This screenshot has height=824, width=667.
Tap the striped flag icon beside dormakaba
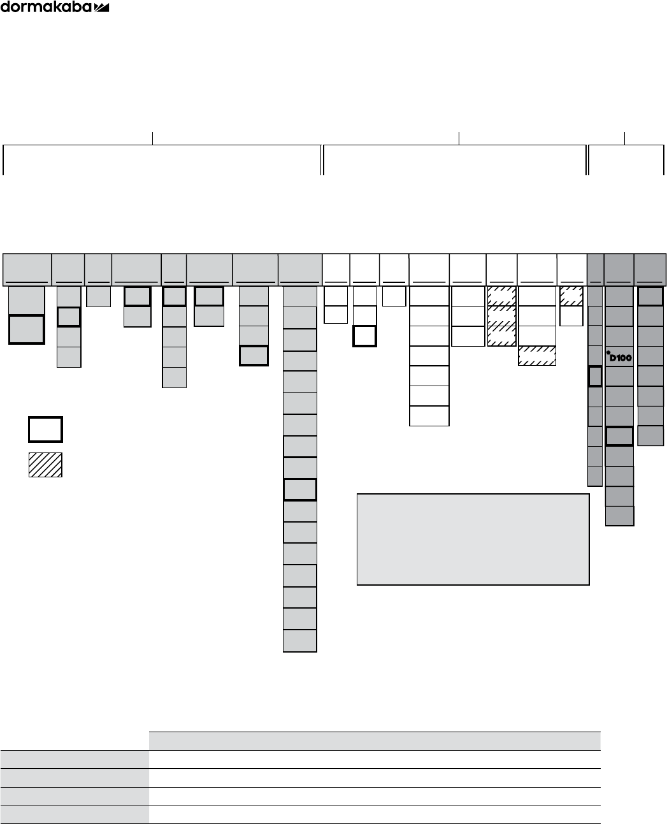coord(102,7)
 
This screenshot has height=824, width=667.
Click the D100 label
coord(619,358)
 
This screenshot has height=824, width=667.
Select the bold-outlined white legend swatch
coord(45,430)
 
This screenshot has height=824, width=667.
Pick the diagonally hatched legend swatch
coord(45,465)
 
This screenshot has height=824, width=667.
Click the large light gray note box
coord(473,539)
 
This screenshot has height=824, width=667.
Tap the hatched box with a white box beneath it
coord(571,296)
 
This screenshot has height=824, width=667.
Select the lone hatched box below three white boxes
coord(537,356)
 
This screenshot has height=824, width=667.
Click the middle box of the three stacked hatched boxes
coord(501,316)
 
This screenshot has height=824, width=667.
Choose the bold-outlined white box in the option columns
coord(364,336)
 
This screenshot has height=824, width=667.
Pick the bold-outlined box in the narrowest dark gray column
coord(595,377)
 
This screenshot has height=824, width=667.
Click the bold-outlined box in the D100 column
coord(619,436)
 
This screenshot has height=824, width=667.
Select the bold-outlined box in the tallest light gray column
coord(299,489)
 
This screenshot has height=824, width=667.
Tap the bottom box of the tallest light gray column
coord(299,640)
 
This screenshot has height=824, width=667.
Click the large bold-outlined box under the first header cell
coord(26,329)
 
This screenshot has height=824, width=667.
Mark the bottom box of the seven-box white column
coord(429,416)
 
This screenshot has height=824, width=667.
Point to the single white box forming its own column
coord(394,296)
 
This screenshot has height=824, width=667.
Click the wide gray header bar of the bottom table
coord(375,741)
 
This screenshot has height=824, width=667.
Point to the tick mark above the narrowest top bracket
coord(625,137)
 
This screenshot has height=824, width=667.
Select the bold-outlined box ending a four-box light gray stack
coord(254,356)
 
